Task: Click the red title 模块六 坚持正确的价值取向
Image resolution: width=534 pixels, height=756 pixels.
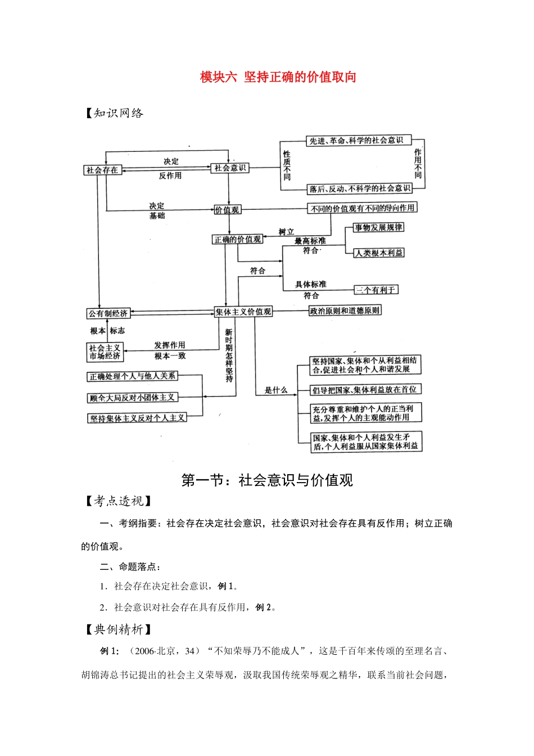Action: point(278,77)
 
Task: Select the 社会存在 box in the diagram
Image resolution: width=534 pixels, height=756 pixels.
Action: point(102,170)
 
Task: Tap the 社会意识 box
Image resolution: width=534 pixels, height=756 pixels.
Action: point(230,168)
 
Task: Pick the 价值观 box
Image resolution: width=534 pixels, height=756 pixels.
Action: point(227,210)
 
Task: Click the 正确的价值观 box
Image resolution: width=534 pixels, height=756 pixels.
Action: point(238,240)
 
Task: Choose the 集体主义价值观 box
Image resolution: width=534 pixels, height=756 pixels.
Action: point(243,312)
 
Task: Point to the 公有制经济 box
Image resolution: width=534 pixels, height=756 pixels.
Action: point(108,313)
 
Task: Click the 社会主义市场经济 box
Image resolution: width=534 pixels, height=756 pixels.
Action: point(105,352)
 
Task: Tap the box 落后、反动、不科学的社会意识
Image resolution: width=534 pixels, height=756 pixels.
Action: point(360,188)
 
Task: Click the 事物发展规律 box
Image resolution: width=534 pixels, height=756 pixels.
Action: point(378,227)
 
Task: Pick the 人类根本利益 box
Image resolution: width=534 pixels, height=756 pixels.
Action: point(378,253)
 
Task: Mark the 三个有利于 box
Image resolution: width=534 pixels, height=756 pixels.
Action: point(375,290)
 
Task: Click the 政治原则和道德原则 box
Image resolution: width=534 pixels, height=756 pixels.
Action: point(345,310)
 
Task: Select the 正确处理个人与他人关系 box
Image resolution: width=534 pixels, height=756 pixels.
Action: point(132,376)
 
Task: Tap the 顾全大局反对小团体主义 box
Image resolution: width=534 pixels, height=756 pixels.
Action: point(132,398)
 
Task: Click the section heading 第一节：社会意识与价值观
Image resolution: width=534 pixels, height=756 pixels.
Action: point(267,480)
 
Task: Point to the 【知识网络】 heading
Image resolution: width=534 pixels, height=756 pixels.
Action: point(114,113)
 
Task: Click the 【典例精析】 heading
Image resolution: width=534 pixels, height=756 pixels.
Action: point(117,629)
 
